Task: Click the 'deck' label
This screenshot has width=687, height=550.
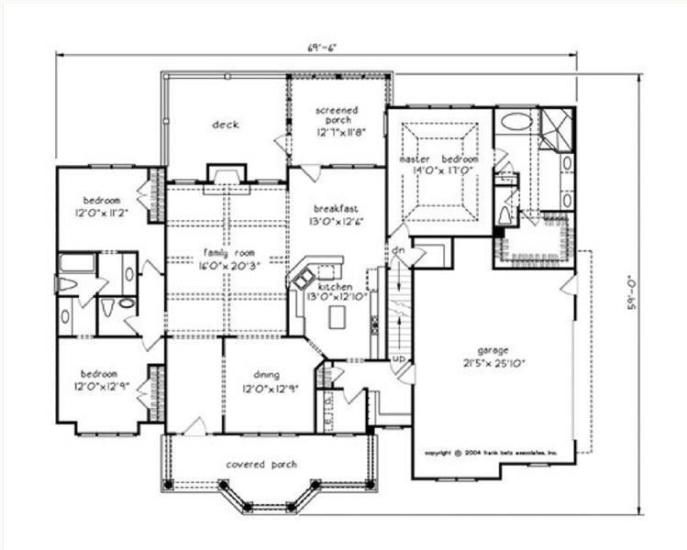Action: click(226, 125)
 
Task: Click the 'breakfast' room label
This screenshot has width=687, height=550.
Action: click(334, 207)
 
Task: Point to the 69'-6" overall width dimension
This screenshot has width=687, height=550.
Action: click(317, 48)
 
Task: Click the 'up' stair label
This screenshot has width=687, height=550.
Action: click(399, 357)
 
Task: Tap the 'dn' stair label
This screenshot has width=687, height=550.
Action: click(400, 249)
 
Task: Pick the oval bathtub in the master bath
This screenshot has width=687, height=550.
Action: click(516, 121)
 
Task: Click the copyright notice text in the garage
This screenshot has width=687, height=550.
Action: click(498, 454)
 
